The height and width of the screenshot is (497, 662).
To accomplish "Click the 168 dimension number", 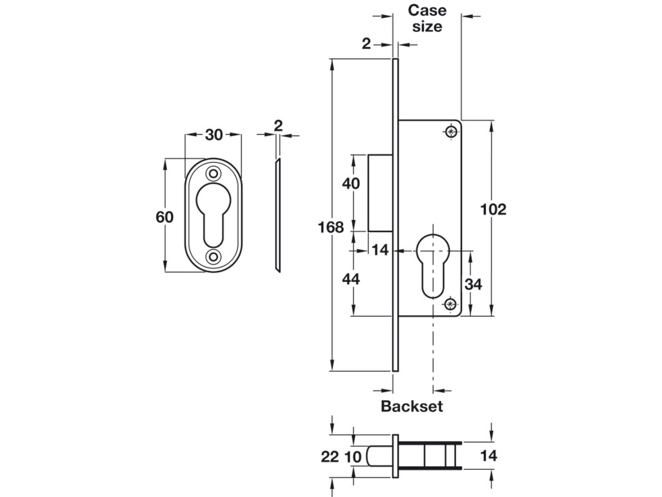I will (x=331, y=228).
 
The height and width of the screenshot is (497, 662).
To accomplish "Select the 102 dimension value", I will (x=493, y=209).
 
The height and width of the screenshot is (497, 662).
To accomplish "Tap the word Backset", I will (x=412, y=406).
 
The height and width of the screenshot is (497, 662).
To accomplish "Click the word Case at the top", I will (x=427, y=10).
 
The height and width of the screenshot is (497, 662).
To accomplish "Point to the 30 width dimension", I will (x=214, y=135).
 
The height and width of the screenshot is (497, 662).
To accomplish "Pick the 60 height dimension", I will (x=164, y=217).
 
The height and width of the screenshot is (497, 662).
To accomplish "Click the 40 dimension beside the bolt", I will (x=351, y=183).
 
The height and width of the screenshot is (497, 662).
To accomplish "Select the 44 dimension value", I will (x=351, y=279).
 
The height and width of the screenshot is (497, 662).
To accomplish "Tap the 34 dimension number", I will (x=473, y=284).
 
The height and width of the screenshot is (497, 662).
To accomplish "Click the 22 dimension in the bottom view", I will (x=330, y=457).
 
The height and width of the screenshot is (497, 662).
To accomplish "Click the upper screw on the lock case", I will (x=451, y=131).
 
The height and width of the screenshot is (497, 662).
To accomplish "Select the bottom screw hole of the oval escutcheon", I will (x=213, y=257).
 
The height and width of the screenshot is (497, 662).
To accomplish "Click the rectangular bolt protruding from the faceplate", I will (x=380, y=193).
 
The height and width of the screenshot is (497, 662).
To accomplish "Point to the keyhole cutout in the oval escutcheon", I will (x=213, y=214).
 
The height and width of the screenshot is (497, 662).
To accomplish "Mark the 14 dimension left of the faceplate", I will (x=380, y=250).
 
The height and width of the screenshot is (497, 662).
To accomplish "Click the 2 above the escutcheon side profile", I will (x=278, y=126).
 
